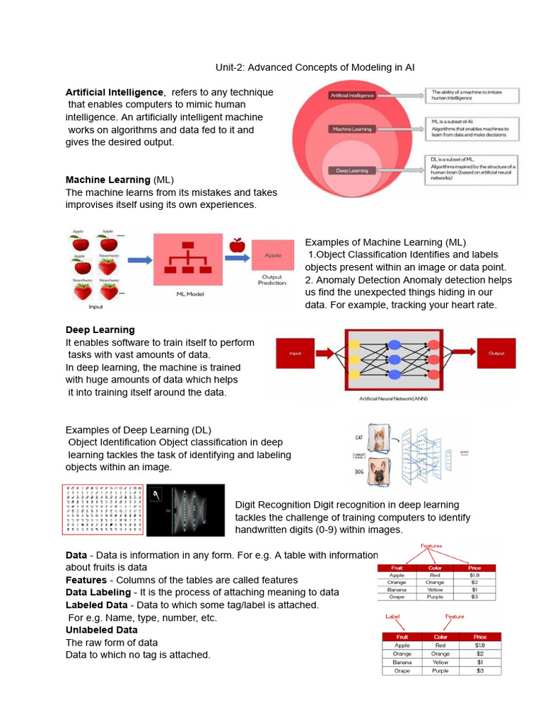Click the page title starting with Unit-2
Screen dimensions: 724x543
click(x=315, y=67)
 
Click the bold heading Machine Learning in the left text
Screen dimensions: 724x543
click(x=107, y=180)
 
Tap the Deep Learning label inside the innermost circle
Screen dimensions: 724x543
click(x=351, y=170)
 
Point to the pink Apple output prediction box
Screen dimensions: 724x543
click(x=272, y=255)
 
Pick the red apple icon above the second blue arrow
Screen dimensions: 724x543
click(x=236, y=245)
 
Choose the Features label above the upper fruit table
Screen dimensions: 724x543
click(x=432, y=546)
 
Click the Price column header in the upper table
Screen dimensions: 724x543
click(x=474, y=567)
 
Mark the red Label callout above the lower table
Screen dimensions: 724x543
click(x=392, y=617)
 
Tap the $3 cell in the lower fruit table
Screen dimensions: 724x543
click(x=479, y=670)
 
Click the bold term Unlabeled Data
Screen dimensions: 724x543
click(x=102, y=629)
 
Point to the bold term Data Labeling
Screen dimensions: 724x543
click(x=98, y=592)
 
